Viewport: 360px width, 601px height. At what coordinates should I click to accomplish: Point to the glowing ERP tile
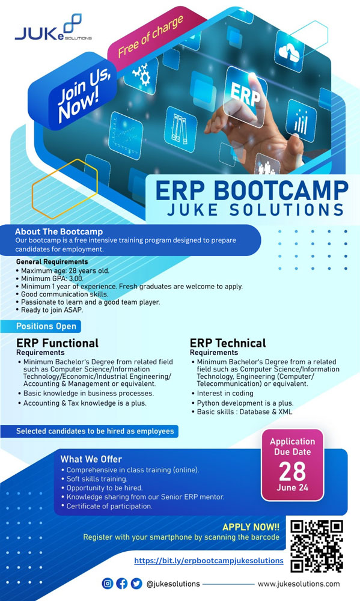tap(245, 96)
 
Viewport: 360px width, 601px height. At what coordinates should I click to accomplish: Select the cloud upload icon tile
tap(290, 51)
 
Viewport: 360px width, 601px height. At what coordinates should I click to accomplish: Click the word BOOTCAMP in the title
tap(280, 190)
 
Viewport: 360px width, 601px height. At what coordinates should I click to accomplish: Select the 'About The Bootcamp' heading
tap(59, 231)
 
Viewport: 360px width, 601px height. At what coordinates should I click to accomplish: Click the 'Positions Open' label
tap(46, 326)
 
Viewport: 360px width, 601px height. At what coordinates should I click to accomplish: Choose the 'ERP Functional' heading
tap(58, 343)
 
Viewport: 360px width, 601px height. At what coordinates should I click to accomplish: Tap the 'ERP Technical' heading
tap(228, 343)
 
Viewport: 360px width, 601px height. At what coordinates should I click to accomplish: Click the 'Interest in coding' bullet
tap(222, 393)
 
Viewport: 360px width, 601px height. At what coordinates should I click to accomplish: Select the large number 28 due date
tap(292, 471)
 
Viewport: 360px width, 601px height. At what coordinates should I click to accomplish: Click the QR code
tap(316, 546)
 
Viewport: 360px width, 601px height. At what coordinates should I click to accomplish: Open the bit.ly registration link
tap(209, 561)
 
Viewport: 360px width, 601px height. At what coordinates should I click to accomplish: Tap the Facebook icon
tap(121, 584)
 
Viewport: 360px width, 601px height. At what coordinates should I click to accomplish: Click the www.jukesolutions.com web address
tap(299, 584)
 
